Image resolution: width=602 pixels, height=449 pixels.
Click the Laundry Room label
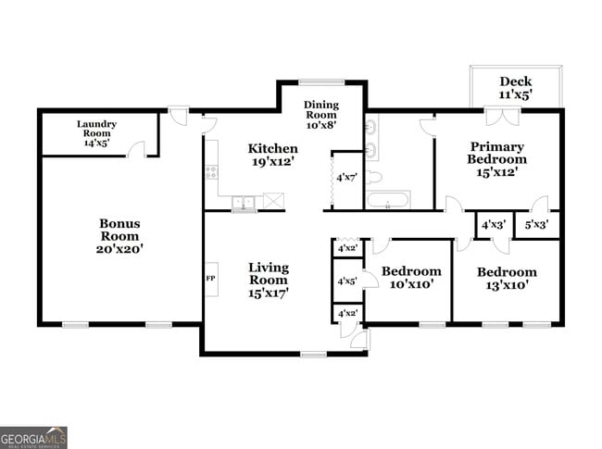[x=96, y=128]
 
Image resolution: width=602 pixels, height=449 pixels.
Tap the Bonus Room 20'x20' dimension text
[x=121, y=248]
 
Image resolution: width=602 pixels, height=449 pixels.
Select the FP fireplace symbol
[x=210, y=278]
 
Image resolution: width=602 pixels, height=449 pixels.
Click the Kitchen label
[x=272, y=148]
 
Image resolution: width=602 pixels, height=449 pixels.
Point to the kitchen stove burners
[x=211, y=171]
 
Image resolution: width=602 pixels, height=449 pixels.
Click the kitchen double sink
[x=245, y=201]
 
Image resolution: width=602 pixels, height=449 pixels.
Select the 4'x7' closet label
[x=346, y=177]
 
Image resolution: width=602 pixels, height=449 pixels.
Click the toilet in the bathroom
[x=373, y=176]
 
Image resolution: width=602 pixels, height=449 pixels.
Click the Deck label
[x=516, y=81]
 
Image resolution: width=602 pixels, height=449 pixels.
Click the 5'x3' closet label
[x=536, y=224]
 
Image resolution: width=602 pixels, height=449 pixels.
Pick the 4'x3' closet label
[x=492, y=224]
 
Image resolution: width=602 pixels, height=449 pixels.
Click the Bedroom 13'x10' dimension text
[x=507, y=285]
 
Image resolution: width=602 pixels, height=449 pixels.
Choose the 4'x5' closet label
[x=347, y=281]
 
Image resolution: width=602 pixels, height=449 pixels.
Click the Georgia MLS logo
[x=33, y=437]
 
